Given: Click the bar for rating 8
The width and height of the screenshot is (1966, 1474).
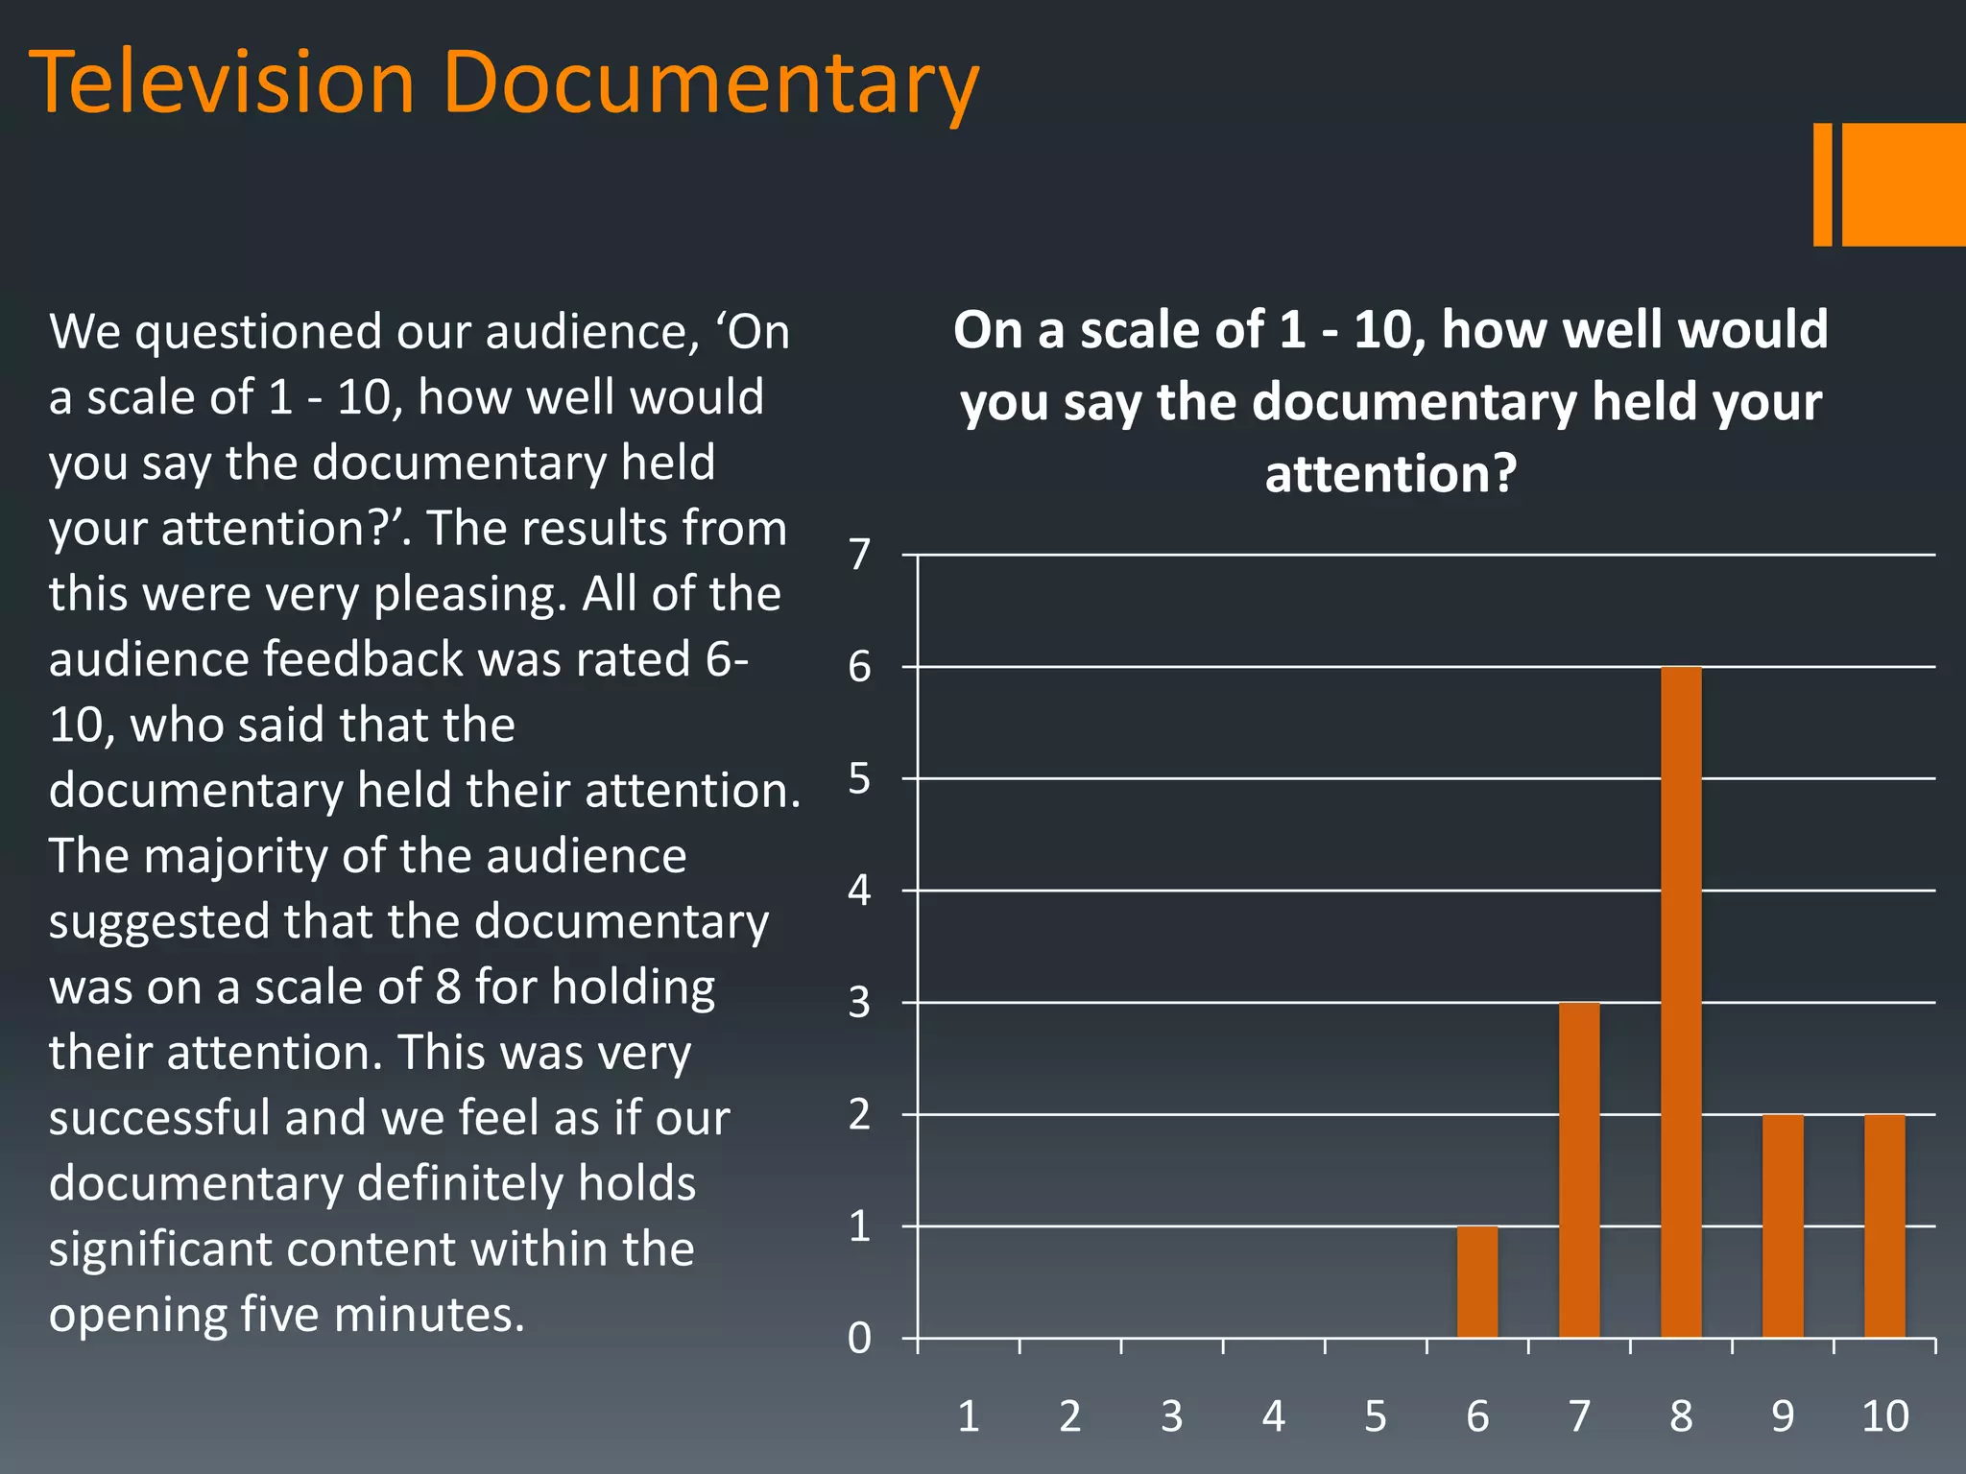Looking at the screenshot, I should [x=1681, y=1002].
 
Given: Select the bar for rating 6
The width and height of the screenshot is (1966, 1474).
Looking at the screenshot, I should [x=1477, y=1282].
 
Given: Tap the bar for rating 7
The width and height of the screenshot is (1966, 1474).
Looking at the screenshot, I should [x=1579, y=1170].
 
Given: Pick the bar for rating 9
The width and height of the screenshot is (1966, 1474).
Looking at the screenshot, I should [x=1783, y=1225].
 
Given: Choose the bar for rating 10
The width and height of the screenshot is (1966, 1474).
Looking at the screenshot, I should [x=1884, y=1225].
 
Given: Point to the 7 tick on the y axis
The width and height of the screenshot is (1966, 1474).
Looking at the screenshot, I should [x=860, y=555].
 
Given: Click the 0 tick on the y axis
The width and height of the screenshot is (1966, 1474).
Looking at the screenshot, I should [x=860, y=1338].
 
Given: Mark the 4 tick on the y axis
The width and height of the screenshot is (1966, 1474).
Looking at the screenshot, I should [x=860, y=891].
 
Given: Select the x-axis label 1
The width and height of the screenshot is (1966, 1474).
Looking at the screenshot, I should [x=969, y=1416].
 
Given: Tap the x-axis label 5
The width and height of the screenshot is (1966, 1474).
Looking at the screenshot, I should [x=1376, y=1416].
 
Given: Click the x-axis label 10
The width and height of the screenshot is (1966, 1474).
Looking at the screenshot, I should [x=1884, y=1416].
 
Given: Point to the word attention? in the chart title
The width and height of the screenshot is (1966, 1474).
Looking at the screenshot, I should [x=1391, y=474].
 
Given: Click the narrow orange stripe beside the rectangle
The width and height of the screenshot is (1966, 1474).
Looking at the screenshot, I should [x=1822, y=184].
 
